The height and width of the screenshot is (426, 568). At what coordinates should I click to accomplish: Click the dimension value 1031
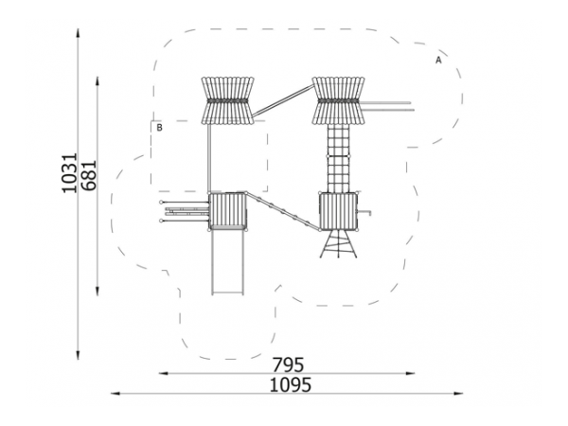(69, 173)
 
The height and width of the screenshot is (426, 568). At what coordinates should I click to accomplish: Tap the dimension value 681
(89, 175)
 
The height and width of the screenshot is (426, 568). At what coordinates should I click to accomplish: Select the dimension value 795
(288, 364)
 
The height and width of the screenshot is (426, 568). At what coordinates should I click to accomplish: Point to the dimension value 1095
(291, 384)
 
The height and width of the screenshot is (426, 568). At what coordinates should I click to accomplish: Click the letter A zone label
(438, 61)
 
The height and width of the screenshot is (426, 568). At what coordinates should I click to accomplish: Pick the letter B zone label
(159, 128)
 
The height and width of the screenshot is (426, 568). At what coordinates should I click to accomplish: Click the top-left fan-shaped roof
(227, 100)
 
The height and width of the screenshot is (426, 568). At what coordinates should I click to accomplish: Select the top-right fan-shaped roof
(338, 100)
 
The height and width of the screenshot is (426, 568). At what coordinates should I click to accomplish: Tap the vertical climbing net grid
(338, 158)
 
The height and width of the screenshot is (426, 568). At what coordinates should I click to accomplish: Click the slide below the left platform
(227, 262)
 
